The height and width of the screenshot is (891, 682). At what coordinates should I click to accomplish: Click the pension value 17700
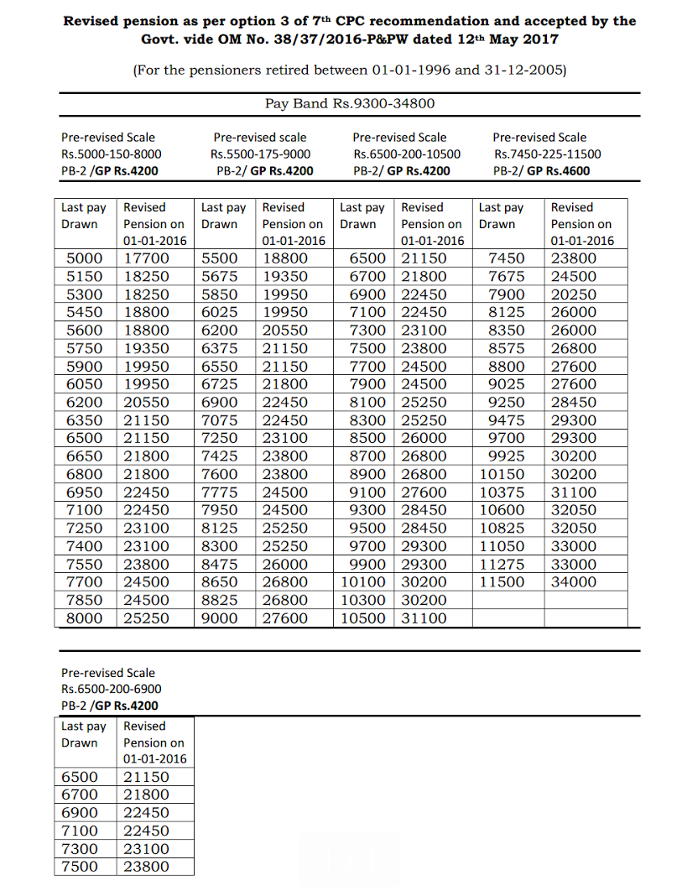click(x=146, y=258)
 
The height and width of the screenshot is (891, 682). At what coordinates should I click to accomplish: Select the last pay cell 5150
click(x=84, y=276)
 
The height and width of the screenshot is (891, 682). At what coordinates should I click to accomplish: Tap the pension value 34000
click(x=574, y=582)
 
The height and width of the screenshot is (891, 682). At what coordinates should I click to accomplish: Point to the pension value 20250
click(x=574, y=294)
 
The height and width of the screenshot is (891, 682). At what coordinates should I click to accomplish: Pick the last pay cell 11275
click(x=501, y=564)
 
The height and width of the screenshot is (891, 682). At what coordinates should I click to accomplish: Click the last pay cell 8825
click(x=220, y=600)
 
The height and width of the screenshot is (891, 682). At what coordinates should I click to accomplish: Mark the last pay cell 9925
click(x=506, y=456)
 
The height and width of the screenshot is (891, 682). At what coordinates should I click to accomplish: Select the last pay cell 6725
click(x=220, y=384)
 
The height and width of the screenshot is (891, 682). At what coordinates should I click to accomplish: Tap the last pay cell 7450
click(x=506, y=258)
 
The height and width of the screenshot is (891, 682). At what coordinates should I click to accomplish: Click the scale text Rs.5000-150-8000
click(x=112, y=154)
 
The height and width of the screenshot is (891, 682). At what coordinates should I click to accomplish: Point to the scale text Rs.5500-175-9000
click(x=260, y=154)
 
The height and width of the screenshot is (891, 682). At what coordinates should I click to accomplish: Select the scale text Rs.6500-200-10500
click(x=407, y=154)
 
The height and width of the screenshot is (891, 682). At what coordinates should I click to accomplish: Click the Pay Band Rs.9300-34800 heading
click(x=349, y=104)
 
